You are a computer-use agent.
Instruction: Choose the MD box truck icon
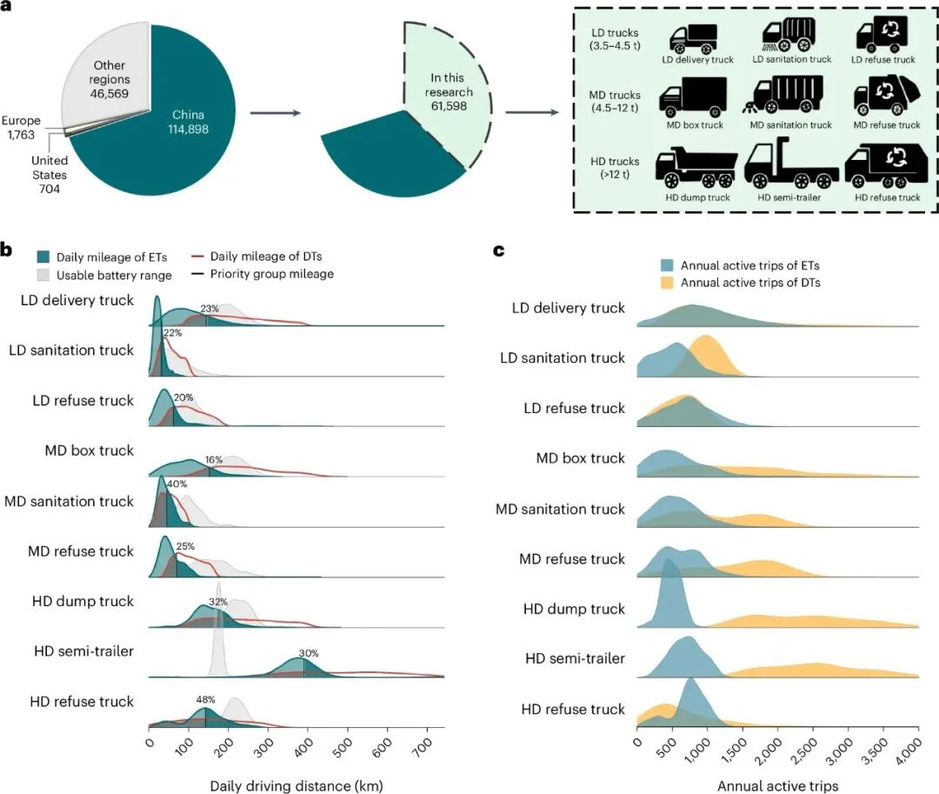point(691,98)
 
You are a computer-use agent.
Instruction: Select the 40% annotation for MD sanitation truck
point(176,484)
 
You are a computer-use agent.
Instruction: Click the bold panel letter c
point(499,251)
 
